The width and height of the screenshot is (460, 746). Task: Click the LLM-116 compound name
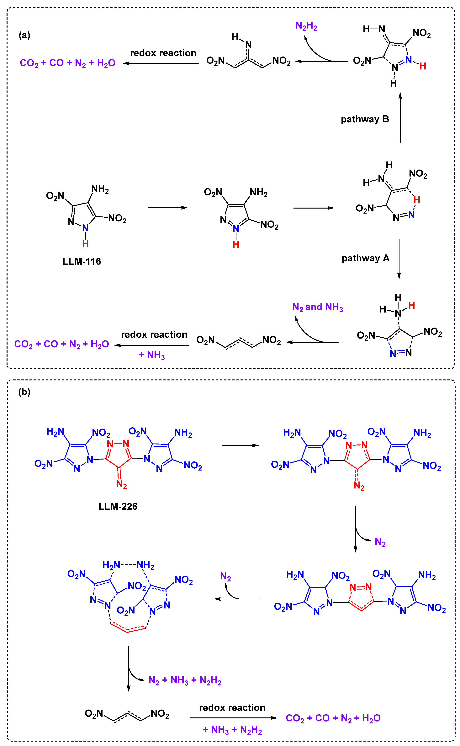pos(82,261)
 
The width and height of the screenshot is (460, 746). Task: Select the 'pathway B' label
pos(365,119)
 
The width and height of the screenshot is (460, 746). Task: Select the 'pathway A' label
pos(365,258)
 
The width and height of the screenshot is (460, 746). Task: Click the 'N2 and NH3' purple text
pos(317,307)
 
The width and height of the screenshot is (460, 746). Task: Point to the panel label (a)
pos(24,35)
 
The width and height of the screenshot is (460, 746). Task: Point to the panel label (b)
pos(24,392)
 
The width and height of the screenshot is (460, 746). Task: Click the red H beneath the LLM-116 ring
pos(86,244)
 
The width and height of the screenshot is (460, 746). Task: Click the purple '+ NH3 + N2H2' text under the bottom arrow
pos(232,730)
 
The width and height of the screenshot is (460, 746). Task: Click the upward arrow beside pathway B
pos(400,117)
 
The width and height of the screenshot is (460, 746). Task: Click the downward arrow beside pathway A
pos(399,259)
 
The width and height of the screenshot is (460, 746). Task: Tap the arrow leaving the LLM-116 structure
pos(168,208)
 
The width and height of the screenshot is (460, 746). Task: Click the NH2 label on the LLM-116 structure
pos(100,189)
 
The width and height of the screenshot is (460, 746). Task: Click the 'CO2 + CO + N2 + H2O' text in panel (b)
pos(333,718)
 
